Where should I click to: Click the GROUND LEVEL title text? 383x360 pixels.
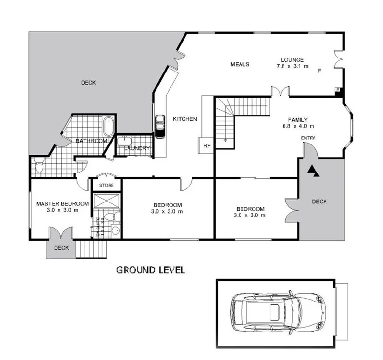pos(150,270)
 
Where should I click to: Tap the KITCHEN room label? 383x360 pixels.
pos(185,119)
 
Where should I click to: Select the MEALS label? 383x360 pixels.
pos(240,64)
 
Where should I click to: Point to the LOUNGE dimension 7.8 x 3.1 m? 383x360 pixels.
pos(292,66)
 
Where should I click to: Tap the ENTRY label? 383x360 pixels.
pos(308,138)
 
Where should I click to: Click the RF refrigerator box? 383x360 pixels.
pos(206,144)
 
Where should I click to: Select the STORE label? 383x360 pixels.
pos(106,185)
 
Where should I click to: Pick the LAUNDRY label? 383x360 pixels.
pos(137,148)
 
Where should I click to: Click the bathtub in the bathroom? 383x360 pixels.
pos(110,127)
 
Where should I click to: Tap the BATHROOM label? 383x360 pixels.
pos(91,141)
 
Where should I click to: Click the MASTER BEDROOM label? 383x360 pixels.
pos(62,203)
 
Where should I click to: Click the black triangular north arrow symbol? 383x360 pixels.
pos(313,170)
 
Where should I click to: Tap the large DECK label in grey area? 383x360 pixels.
pos(88,83)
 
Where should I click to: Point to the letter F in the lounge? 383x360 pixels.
pos(319,71)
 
